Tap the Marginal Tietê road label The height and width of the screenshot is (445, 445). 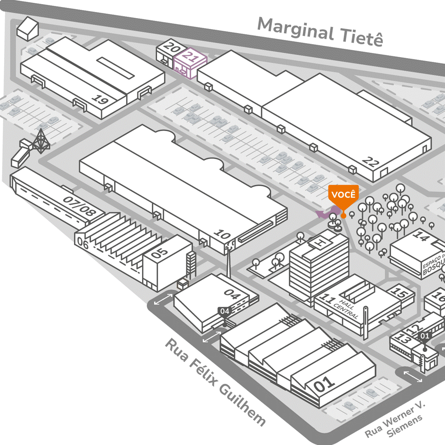tap(320, 32)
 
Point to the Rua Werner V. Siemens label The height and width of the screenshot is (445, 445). tap(394, 420)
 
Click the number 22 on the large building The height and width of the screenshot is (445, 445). tap(370, 162)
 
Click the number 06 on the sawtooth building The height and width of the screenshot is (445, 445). tap(83, 244)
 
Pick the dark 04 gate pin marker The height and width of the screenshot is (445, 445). tap(224, 311)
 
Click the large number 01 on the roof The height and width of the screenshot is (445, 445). tap(325, 385)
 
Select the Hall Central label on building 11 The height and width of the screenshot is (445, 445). tap(347, 306)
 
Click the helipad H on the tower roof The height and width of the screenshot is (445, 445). tap(319, 243)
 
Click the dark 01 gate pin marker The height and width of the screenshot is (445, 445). tap(424, 336)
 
